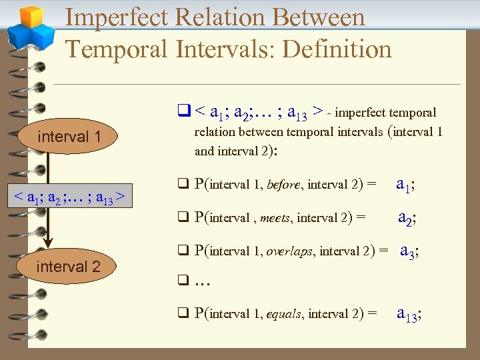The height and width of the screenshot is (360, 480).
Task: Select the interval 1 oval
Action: pos(69,137)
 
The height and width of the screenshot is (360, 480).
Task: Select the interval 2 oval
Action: pos(68,267)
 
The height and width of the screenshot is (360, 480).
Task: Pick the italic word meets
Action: pos(275,217)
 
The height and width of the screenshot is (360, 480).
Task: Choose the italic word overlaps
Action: pos(291,251)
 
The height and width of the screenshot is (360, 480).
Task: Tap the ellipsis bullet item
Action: pos(203,281)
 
